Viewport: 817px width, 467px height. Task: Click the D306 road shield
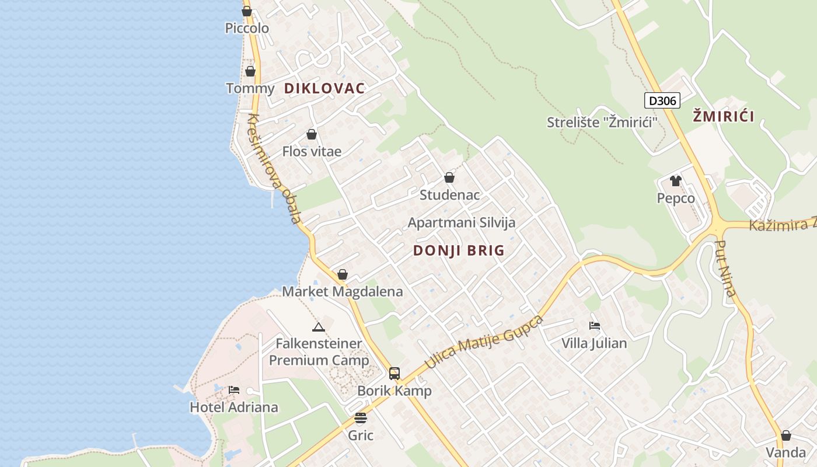tap(663, 100)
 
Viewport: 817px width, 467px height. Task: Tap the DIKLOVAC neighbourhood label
tap(324, 88)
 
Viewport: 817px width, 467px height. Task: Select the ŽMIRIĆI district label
tap(724, 116)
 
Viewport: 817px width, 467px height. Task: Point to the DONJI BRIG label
tap(459, 250)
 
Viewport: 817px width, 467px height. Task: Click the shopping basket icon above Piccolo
tap(247, 11)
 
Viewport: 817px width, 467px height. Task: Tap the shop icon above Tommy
tap(250, 71)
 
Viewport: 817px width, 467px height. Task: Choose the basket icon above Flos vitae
tap(312, 135)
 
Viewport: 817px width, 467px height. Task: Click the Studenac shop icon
tap(449, 177)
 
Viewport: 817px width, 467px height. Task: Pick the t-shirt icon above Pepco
tap(676, 181)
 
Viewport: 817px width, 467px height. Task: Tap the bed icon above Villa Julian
tap(595, 326)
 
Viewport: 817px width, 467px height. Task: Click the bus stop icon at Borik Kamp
tap(394, 373)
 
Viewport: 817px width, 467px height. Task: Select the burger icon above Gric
tap(361, 418)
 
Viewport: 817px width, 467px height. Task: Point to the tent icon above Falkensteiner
tap(318, 327)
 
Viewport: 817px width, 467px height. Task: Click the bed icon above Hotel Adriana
tap(234, 389)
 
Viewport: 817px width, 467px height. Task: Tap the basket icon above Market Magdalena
tap(343, 274)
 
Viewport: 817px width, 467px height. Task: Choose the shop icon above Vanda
tap(786, 435)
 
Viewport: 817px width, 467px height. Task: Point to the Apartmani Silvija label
tap(462, 222)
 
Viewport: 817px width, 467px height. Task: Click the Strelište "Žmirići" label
tap(602, 123)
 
